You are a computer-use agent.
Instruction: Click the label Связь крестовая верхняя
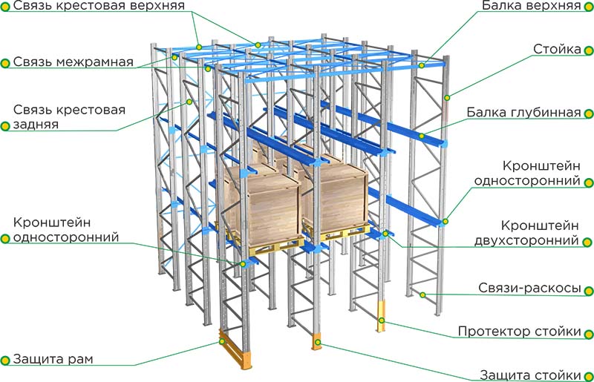click(x=99, y=5)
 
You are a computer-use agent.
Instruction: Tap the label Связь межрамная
click(x=73, y=62)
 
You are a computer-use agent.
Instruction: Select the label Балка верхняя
click(x=532, y=5)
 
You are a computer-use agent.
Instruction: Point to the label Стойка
click(x=557, y=49)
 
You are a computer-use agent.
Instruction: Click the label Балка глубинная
click(x=523, y=112)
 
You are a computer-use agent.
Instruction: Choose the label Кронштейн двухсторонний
click(x=526, y=233)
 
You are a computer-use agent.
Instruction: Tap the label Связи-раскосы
click(x=529, y=288)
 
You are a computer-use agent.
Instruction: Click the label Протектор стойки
click(x=519, y=332)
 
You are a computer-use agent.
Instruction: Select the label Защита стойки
click(x=530, y=375)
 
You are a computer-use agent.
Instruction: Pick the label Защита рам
click(x=53, y=359)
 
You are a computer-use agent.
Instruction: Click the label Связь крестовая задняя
click(x=69, y=117)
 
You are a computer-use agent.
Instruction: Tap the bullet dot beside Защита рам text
click(x=5, y=360)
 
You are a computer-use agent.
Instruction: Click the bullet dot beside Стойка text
click(x=588, y=50)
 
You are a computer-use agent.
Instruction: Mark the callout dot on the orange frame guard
click(x=222, y=341)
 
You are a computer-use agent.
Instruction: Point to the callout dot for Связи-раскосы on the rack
click(x=422, y=294)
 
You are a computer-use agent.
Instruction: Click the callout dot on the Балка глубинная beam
click(x=421, y=136)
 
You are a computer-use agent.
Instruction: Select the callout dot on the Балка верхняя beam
click(x=421, y=65)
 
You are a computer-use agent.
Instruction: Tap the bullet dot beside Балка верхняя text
click(x=588, y=6)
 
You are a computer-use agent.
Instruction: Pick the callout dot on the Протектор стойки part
click(x=382, y=320)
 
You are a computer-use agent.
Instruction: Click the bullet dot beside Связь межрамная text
click(x=5, y=63)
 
